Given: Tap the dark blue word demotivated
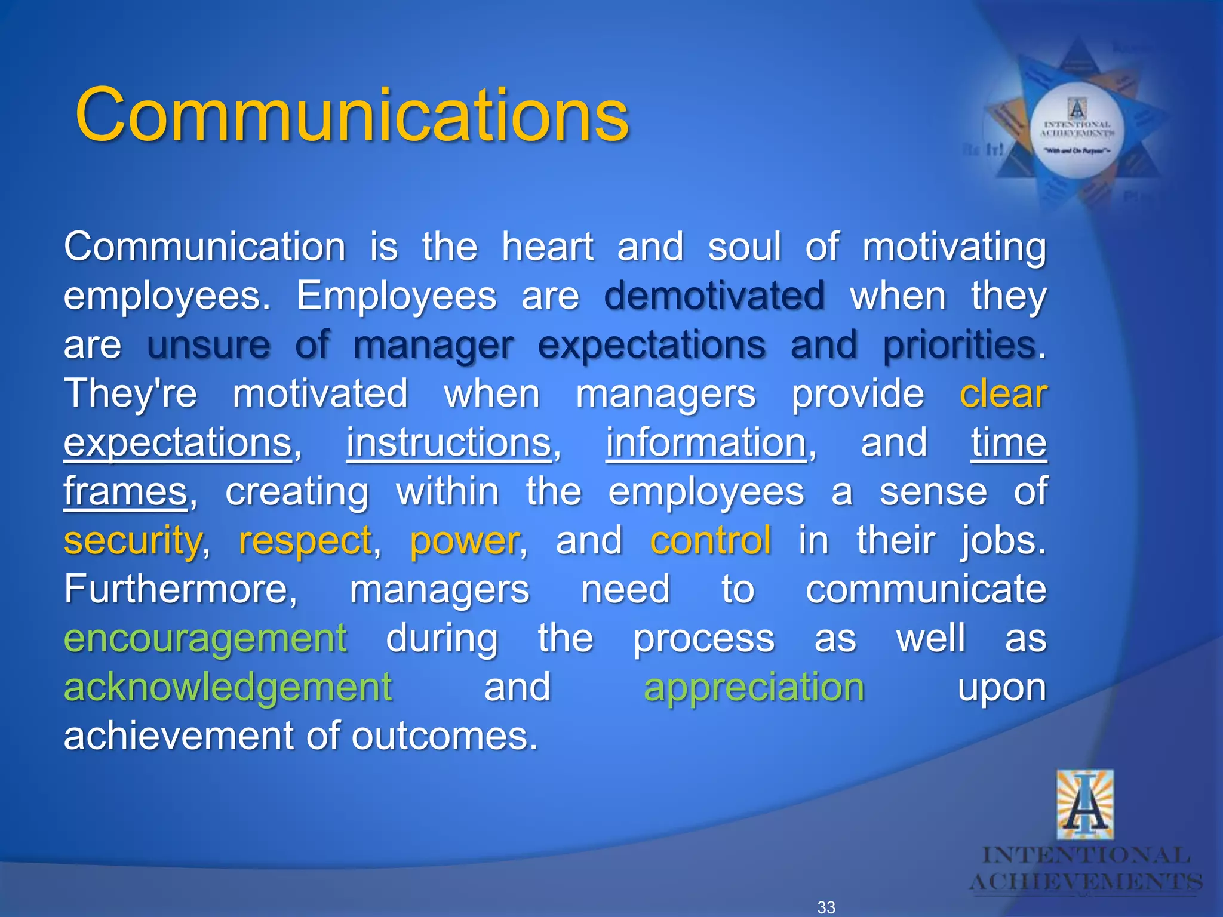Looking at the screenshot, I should point(714,296).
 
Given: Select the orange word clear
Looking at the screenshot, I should point(1003,394).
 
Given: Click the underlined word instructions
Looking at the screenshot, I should point(449,443).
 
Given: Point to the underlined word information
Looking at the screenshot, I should point(706,443).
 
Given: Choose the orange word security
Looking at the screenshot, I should point(133,541).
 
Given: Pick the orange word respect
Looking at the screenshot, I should point(305,541).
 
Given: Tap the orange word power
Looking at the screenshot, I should point(465,541).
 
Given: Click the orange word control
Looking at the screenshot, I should point(711,541).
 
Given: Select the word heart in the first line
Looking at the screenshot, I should point(548,247).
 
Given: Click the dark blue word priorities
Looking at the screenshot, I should point(960,345).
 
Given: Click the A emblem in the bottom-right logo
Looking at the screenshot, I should point(1084,805).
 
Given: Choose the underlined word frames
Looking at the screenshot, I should point(126,492).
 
